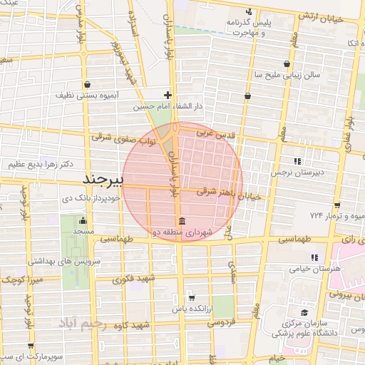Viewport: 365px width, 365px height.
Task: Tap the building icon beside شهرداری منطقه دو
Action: (182, 220)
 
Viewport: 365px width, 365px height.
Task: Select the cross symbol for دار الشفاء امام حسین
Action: (168, 94)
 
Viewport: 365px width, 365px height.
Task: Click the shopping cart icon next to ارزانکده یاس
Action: (191, 298)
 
